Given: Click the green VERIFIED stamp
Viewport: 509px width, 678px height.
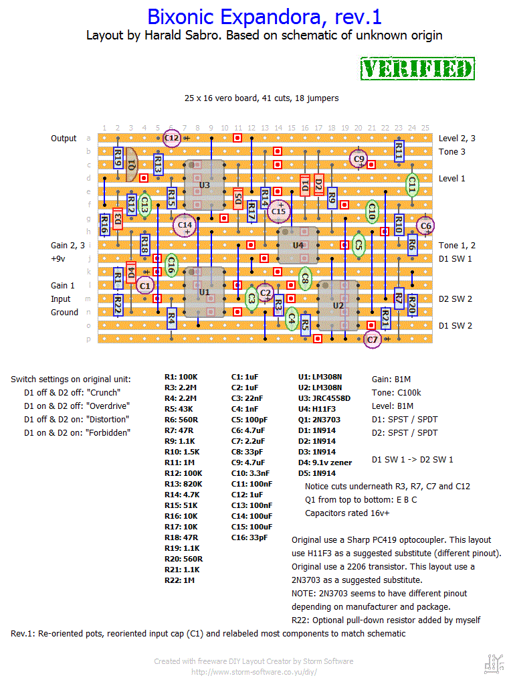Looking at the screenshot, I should pos(417,69).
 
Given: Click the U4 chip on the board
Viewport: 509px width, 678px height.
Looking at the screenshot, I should pos(298,245).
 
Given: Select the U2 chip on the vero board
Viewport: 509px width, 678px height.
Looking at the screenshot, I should pos(338,306).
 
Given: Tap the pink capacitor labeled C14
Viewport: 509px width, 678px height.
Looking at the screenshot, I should pos(185,226).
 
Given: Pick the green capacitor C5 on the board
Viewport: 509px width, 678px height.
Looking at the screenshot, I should pos(359,246).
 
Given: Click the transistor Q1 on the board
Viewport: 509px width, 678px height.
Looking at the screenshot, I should pos(131,165).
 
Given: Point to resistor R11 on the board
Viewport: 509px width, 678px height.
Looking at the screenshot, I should pos(399,152).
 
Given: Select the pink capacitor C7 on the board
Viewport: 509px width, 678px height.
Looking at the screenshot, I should pos(373,340).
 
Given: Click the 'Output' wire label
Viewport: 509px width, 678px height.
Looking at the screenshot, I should pos(64,139).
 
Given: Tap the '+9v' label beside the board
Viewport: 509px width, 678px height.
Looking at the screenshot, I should pos(59,258).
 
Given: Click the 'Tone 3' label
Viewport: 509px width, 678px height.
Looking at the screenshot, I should pos(453,152).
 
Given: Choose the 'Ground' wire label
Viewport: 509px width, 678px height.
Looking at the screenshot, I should pos(64,313).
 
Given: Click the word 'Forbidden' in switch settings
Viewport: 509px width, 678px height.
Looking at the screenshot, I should pos(108,432).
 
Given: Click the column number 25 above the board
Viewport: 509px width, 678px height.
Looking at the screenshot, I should pos(425,128).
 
